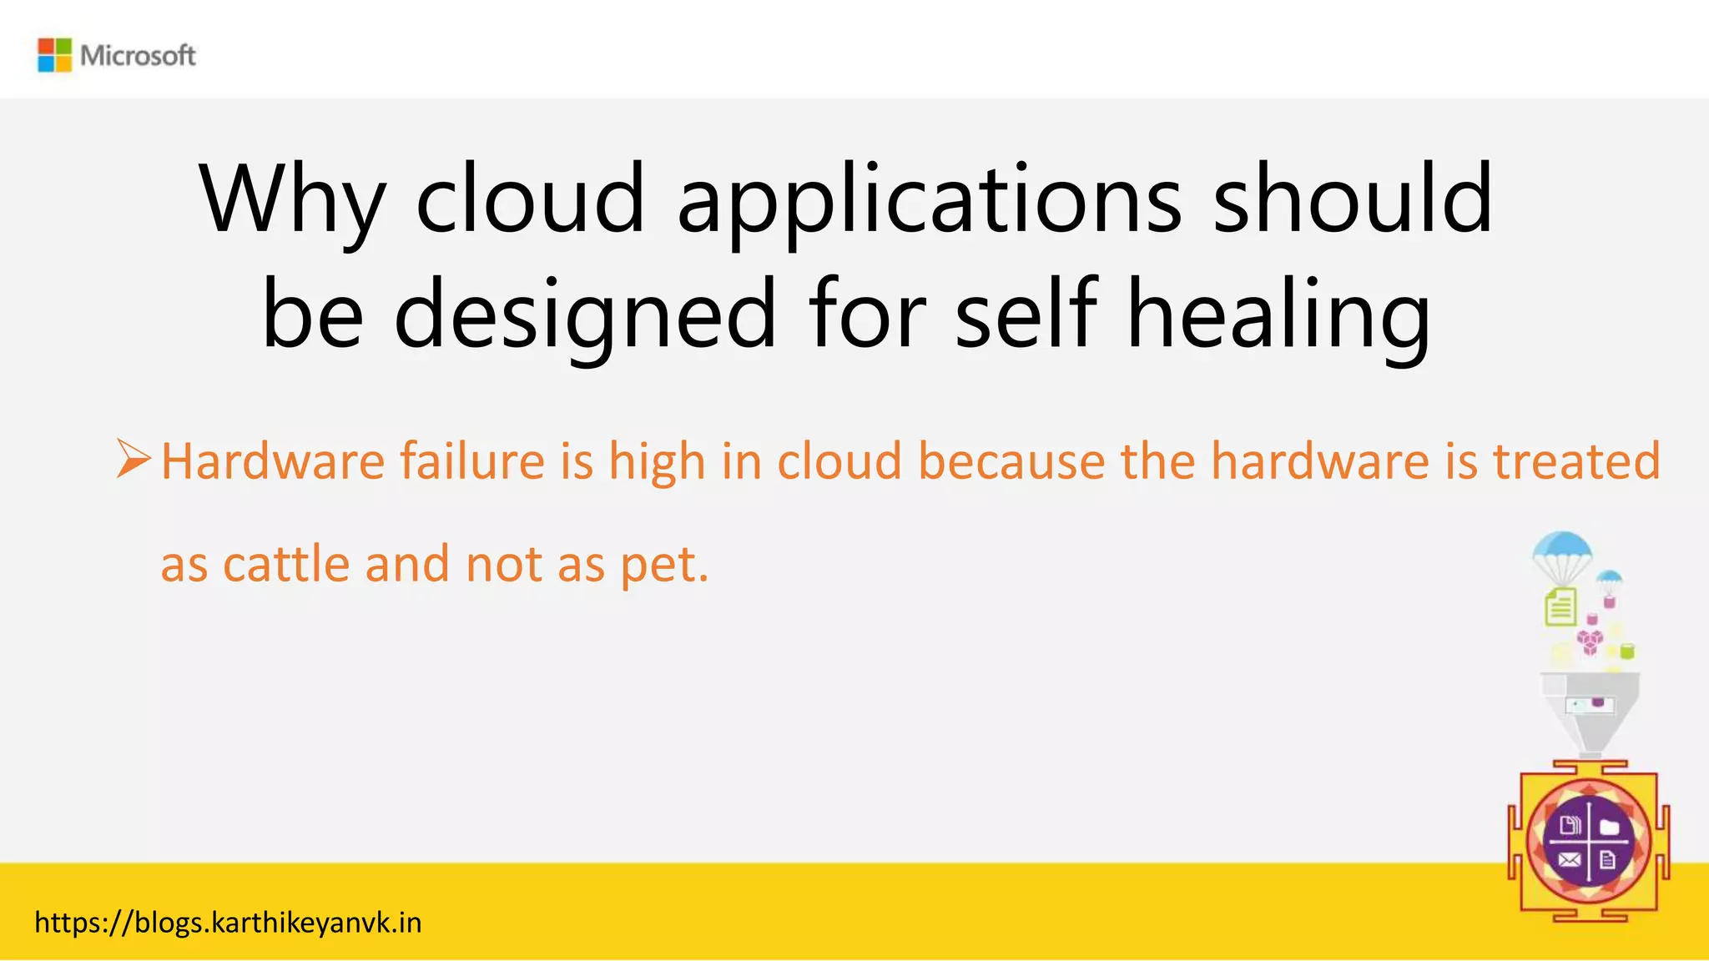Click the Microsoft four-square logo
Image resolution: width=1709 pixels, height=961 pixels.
(55, 55)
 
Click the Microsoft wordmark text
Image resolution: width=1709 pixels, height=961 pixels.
(138, 56)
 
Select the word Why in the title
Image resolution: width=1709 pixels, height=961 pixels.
(291, 200)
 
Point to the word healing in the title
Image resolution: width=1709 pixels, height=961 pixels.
(1278, 315)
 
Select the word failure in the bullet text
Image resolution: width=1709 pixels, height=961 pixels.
(471, 461)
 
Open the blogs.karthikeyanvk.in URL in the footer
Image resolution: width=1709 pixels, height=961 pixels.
(228, 923)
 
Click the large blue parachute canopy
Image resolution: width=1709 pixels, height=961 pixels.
(1562, 550)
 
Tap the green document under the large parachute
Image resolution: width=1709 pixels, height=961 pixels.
(1560, 606)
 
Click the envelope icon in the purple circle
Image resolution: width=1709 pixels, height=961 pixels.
(1569, 859)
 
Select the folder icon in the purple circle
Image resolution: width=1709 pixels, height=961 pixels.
(1609, 827)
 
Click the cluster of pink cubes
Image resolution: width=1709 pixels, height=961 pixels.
(1590, 642)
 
